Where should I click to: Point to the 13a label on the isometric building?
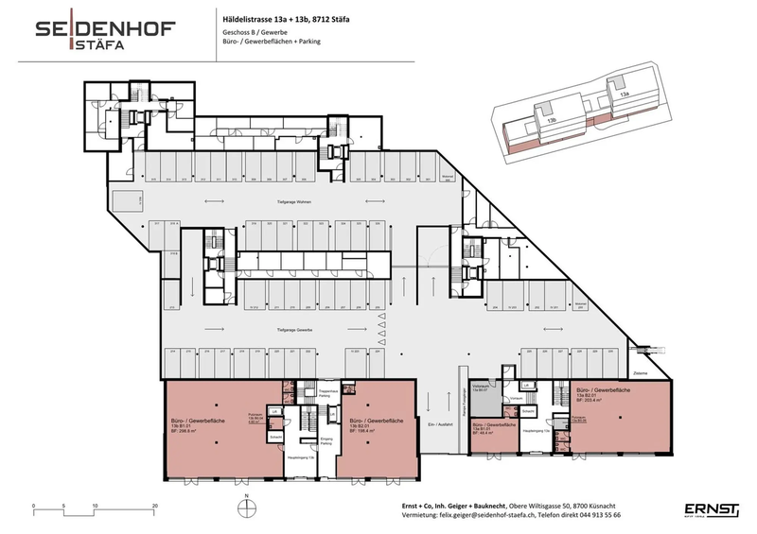[624, 94]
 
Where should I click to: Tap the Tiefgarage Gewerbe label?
[294, 328]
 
